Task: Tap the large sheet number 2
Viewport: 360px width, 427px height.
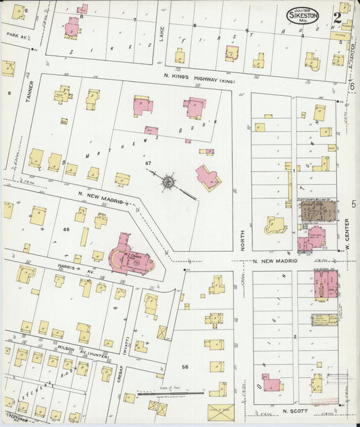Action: (x=336, y=17)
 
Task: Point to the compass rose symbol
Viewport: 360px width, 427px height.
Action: (x=168, y=181)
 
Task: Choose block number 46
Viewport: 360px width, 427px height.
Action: (x=66, y=230)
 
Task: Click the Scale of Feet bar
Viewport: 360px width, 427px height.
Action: (x=170, y=393)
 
